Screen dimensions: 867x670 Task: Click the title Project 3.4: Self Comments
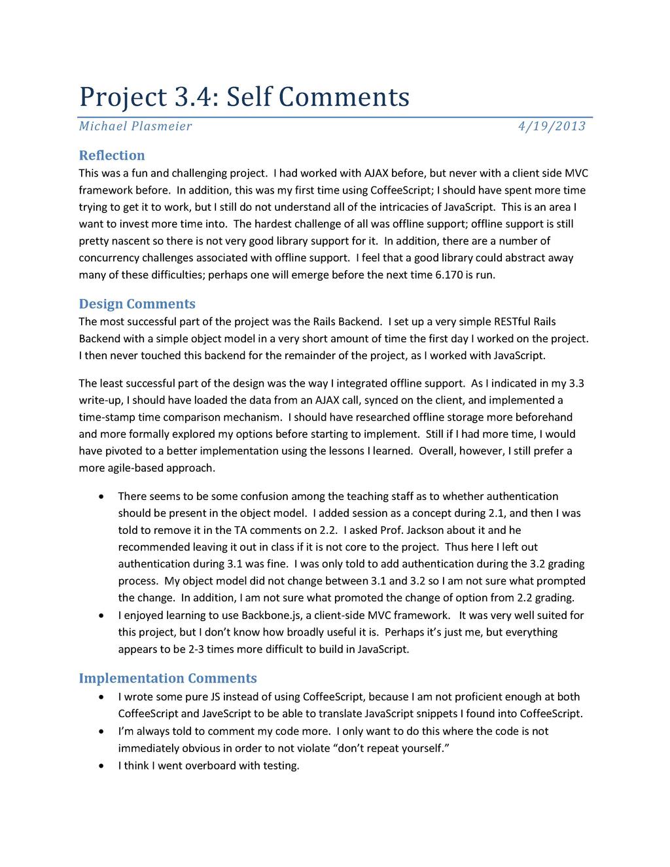(x=244, y=97)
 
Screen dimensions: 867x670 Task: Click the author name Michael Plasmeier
(x=135, y=126)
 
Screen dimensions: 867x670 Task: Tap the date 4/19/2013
(x=552, y=126)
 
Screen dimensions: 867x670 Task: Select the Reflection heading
(x=111, y=156)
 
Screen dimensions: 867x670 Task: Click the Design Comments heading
(x=137, y=304)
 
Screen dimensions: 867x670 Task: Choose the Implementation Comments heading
(x=167, y=679)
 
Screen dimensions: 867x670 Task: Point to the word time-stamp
(x=103, y=417)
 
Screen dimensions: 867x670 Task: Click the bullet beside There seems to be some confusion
(x=100, y=497)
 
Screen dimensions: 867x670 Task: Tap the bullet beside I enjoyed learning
(x=100, y=616)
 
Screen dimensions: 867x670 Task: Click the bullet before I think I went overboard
(x=100, y=766)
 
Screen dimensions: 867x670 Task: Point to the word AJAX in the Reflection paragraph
(x=376, y=173)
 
